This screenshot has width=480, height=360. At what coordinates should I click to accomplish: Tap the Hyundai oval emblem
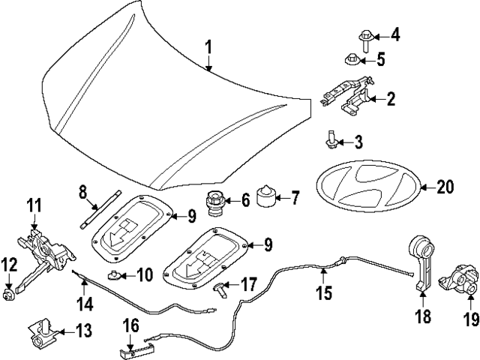click(366, 188)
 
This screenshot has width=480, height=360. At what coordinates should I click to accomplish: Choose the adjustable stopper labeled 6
click(215, 202)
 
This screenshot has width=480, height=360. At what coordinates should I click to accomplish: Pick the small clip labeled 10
click(115, 274)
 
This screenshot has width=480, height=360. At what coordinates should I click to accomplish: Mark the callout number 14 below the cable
click(85, 304)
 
